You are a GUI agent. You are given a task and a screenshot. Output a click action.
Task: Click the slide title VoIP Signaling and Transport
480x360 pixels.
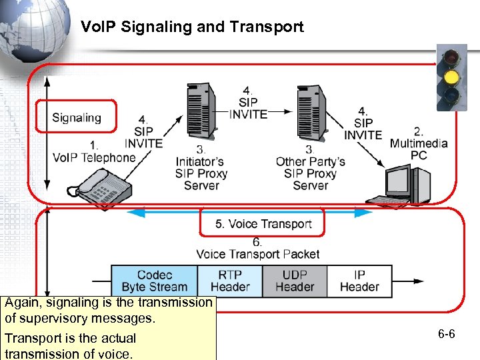192,27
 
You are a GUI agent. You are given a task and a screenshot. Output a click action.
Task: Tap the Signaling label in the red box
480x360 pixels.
77,118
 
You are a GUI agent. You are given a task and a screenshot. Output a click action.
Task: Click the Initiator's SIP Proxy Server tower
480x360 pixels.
203,110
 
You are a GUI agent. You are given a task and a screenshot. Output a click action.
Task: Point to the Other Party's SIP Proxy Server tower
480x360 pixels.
311,110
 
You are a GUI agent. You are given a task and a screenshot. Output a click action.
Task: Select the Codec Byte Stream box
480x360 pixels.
154,281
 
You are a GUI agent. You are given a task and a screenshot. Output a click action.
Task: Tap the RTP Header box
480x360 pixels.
230,281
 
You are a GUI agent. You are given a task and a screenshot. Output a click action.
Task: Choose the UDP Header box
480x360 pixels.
294,281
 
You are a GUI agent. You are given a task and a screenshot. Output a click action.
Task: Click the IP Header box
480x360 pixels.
359,281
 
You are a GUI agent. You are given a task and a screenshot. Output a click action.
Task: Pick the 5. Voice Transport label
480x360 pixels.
263,224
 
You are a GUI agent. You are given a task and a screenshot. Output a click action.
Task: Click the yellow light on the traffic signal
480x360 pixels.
451,77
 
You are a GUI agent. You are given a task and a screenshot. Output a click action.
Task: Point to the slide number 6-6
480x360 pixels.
447,333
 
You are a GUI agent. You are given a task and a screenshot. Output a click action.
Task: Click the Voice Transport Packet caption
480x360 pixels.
257,254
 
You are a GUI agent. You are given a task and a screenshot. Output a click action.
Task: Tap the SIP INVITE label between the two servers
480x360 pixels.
248,103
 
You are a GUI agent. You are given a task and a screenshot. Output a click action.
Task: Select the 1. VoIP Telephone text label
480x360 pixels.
94,152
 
